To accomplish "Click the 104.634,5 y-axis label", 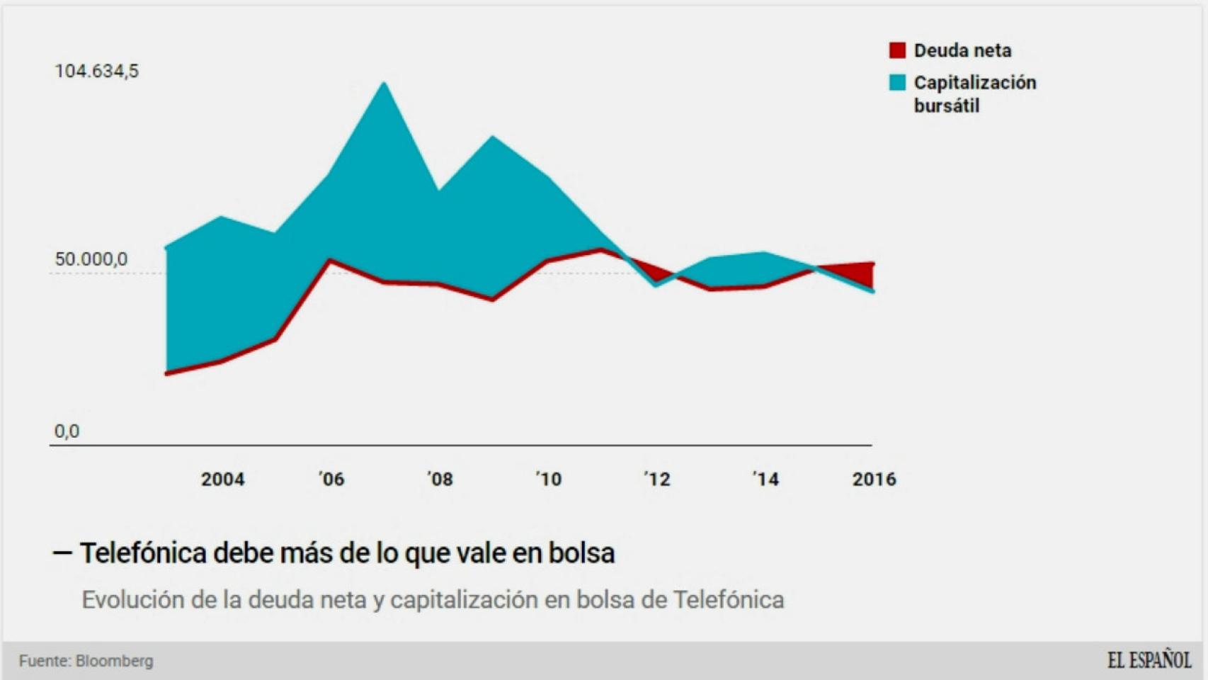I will click(x=96, y=71).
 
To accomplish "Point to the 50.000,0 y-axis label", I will click(x=91, y=259).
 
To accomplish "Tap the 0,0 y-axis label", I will click(x=67, y=431).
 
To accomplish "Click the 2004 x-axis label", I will click(x=222, y=480).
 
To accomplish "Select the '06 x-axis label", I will click(x=331, y=480).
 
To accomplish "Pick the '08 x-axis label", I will click(x=440, y=480).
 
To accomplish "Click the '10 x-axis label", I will click(x=549, y=480).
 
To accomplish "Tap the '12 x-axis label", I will click(x=657, y=480).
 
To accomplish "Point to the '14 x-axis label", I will click(x=765, y=480).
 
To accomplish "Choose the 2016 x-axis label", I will click(x=874, y=480).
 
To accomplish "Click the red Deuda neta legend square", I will click(x=897, y=50).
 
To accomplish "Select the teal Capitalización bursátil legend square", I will click(x=897, y=83).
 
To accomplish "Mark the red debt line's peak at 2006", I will click(x=329, y=261).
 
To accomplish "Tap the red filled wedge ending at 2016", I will click(x=858, y=273).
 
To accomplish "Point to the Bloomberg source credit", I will click(x=114, y=661).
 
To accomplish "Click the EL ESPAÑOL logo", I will click(x=1149, y=660).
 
